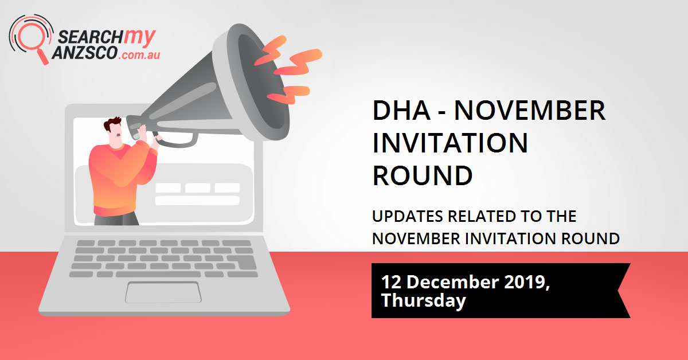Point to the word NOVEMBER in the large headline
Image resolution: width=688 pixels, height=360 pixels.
point(530,111)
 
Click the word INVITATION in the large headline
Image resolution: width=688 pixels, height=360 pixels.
point(450,143)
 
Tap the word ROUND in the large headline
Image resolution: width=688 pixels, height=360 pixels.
point(423,175)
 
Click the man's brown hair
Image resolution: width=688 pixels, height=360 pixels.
point(112,124)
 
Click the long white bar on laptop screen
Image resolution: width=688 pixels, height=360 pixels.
point(197,201)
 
